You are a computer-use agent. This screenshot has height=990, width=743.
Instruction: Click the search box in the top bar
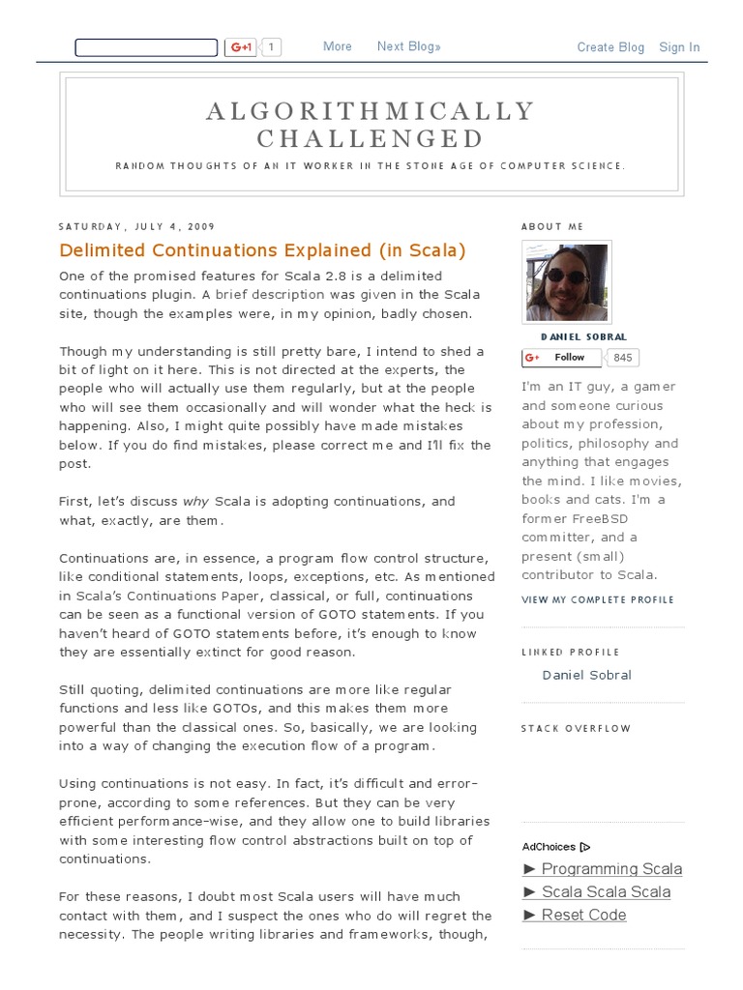click(x=146, y=47)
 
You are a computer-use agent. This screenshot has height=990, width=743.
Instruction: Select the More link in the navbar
click(x=338, y=46)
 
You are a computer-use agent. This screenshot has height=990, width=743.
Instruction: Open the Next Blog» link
click(x=409, y=46)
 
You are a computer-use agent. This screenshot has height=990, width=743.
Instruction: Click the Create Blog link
click(x=610, y=47)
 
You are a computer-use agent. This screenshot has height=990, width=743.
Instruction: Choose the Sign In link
click(x=679, y=47)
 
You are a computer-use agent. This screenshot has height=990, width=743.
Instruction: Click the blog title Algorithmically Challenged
click(x=371, y=125)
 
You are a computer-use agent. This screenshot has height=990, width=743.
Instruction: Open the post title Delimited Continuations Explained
click(x=262, y=250)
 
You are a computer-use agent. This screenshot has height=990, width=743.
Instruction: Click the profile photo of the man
click(x=567, y=282)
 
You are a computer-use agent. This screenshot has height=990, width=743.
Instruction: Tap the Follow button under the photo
click(x=561, y=358)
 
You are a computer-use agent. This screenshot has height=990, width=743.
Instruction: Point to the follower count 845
click(x=623, y=358)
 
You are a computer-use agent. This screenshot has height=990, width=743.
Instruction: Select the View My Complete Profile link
click(x=598, y=599)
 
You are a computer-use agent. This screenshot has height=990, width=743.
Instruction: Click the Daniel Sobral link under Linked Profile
click(x=586, y=675)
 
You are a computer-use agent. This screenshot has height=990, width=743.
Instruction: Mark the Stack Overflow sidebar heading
click(x=576, y=729)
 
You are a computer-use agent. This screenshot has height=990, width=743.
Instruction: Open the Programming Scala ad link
click(x=610, y=868)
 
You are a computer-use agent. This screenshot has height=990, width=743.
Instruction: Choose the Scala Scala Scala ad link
click(x=605, y=891)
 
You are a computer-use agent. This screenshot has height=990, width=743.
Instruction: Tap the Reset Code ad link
click(x=583, y=915)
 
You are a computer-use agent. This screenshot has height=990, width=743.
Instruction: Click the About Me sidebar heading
click(x=552, y=227)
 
